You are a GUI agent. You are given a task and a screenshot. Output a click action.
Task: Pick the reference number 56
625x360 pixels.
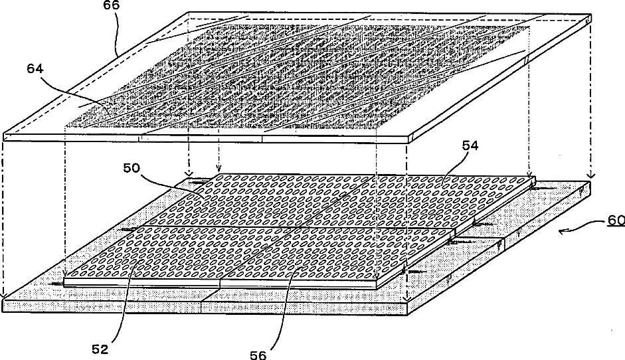258,354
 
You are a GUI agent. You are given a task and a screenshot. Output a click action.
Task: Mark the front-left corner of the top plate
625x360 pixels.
4,136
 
